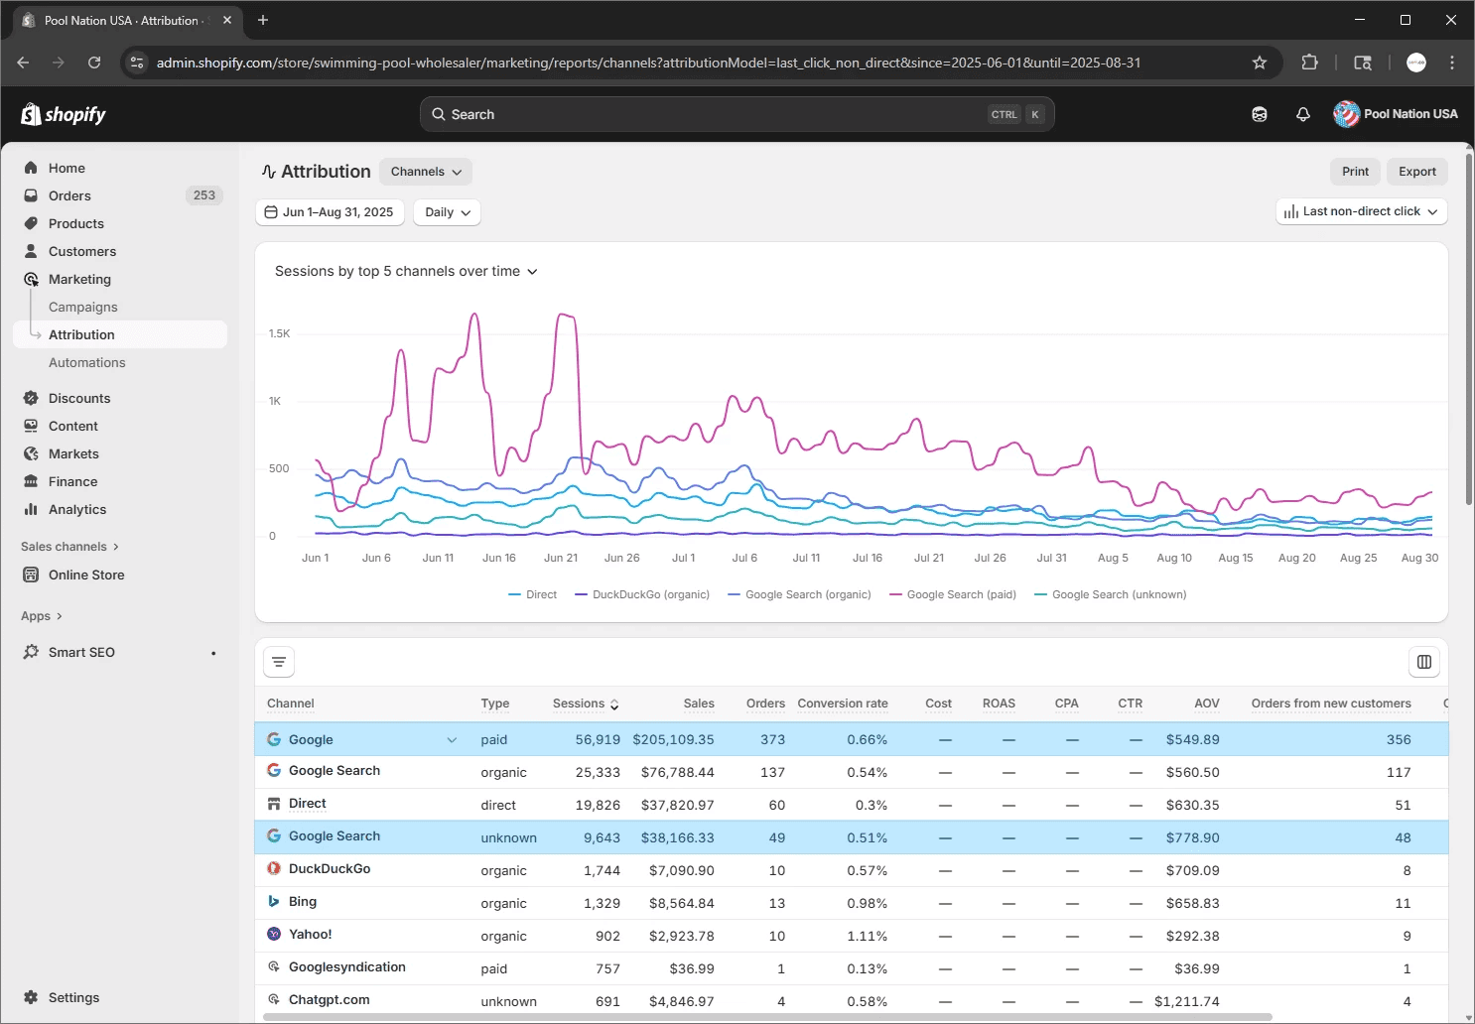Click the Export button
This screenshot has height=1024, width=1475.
click(1416, 171)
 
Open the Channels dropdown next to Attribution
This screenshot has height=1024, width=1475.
click(426, 172)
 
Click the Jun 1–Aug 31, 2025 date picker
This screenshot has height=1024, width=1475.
click(330, 212)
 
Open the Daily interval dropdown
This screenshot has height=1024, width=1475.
click(447, 212)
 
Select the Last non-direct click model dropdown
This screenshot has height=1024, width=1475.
click(1361, 211)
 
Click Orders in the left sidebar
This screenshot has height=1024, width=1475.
click(69, 195)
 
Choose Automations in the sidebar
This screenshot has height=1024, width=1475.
click(87, 362)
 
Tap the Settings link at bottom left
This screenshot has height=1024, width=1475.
click(73, 997)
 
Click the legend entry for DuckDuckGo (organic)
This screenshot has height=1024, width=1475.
click(642, 594)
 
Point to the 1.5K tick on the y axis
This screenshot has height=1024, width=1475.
click(279, 333)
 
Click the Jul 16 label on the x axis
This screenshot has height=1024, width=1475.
click(868, 558)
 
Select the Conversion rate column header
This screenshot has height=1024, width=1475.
click(842, 704)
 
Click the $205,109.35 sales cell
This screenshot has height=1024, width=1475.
click(673, 739)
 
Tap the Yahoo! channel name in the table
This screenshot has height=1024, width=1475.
click(310, 935)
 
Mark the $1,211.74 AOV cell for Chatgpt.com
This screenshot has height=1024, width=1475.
click(1186, 1001)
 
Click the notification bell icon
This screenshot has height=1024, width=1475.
click(1302, 114)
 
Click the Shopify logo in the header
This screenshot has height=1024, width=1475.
click(64, 114)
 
